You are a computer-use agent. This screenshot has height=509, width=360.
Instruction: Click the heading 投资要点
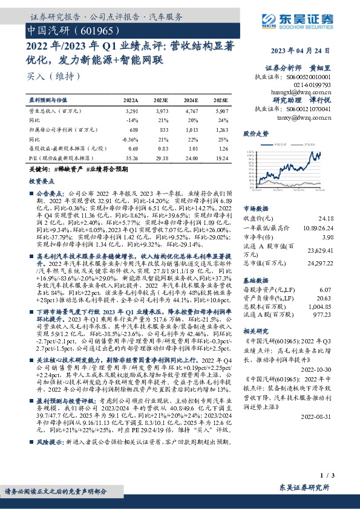click(x=41, y=181)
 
